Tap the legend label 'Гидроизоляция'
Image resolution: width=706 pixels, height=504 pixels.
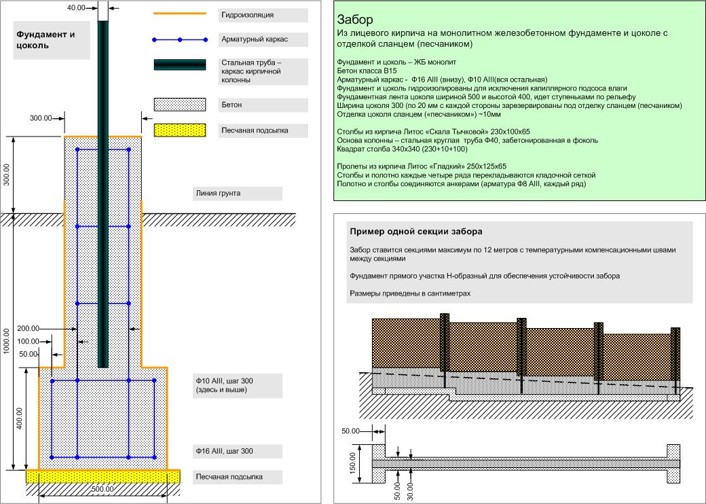pos(248,14)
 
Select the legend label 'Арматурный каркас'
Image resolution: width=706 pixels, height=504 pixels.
pos(255,39)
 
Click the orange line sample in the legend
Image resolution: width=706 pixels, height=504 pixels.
pos(180,14)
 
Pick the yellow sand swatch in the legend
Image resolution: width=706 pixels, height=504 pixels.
pos(180,130)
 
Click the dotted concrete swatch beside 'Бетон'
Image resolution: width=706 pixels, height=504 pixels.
pos(180,105)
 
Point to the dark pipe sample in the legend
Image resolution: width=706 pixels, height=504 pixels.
pos(180,65)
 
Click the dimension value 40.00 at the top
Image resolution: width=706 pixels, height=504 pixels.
pos(77,7)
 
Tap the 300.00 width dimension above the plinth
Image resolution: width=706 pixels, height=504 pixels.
pos(41,118)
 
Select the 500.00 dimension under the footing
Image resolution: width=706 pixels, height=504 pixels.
pos(103,488)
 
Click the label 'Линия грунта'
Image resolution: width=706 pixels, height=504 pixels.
pos(217,193)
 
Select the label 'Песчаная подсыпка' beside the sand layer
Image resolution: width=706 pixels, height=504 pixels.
pos(229,477)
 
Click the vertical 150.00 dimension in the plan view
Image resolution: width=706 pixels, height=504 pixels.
pos(354,464)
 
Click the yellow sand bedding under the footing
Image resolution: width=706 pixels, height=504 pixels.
pos(103,475)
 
